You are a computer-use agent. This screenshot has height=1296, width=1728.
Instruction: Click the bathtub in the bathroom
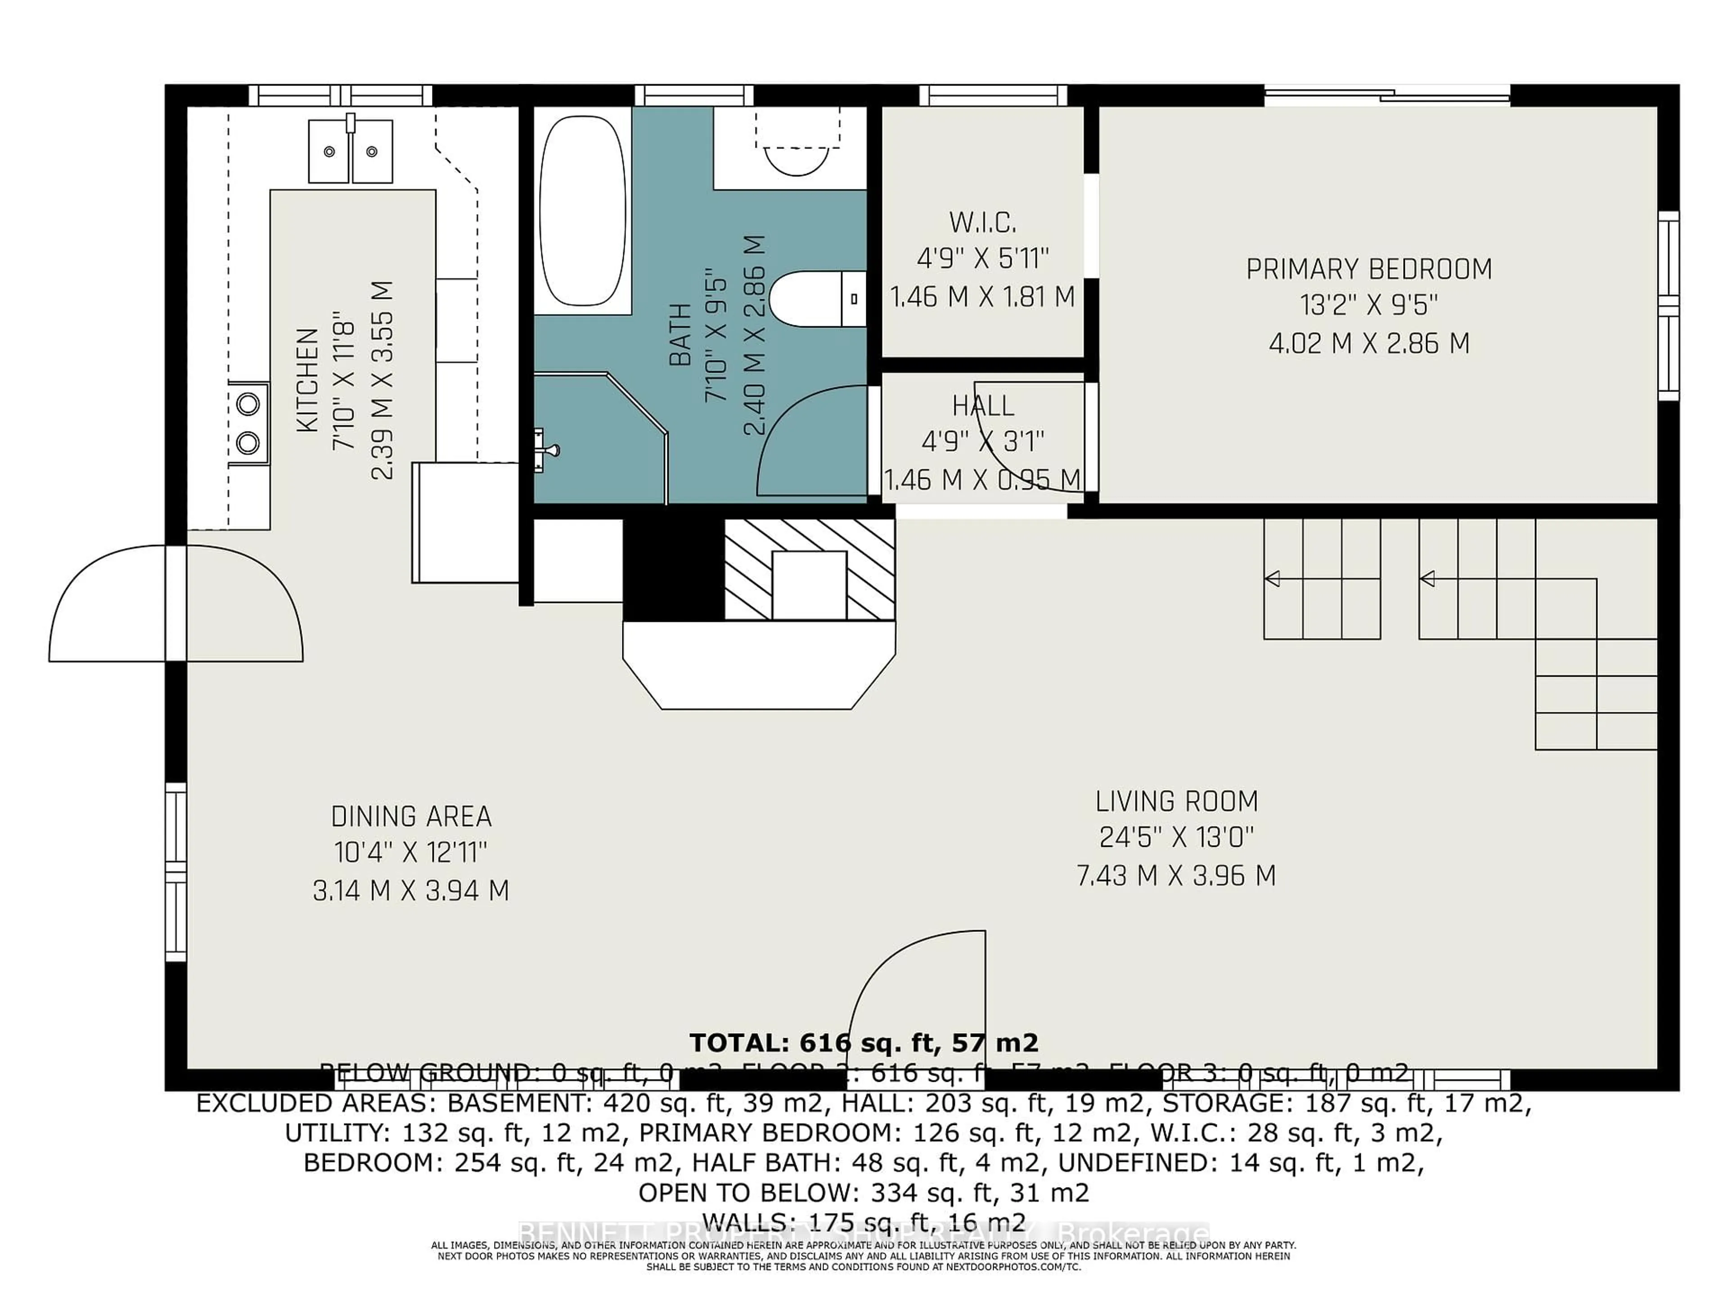(583, 211)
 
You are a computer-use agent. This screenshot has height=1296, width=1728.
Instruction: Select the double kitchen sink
(350, 151)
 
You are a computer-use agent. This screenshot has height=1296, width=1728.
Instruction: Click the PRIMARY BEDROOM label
(1368, 270)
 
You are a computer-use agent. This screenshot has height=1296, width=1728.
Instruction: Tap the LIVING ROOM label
(1176, 801)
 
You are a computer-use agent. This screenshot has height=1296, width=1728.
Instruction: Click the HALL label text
(983, 405)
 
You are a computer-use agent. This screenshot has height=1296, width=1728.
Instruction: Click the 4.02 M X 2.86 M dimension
(1368, 343)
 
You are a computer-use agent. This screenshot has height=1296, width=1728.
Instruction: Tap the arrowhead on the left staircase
(1272, 579)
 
